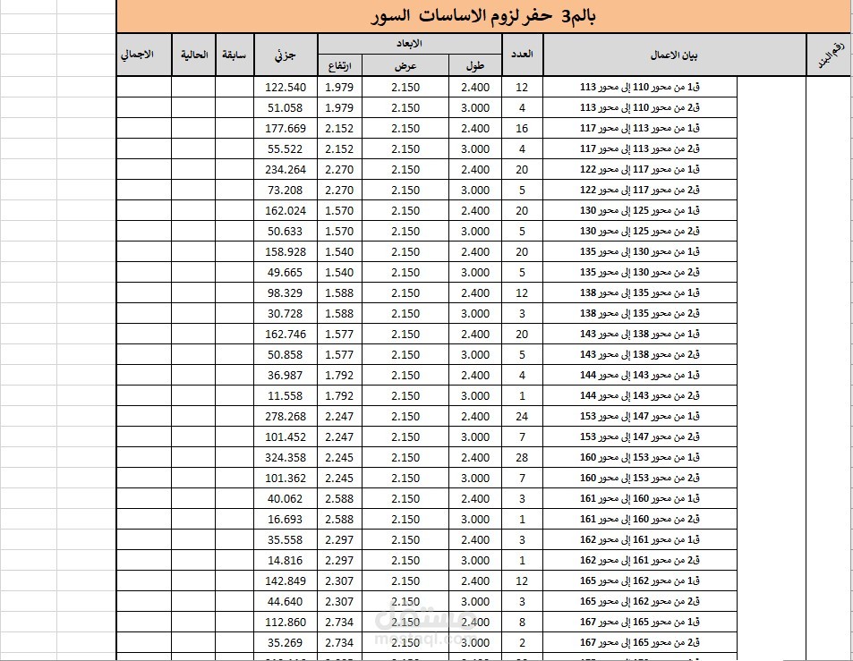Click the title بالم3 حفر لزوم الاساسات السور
coord(483,16)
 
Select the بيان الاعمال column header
coord(674,55)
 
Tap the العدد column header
coord(522,55)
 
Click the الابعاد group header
coord(409,44)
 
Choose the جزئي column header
coord(286,55)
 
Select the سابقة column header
coord(234,55)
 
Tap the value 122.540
coord(286,87)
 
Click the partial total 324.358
coord(286,457)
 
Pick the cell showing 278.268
coord(286,416)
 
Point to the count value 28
coord(522,457)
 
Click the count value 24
coord(522,416)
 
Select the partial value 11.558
coord(286,395)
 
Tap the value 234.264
coord(286,169)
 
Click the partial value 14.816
coord(286,560)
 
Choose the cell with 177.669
coord(286,128)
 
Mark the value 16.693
coord(286,519)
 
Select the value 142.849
coord(286,580)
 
